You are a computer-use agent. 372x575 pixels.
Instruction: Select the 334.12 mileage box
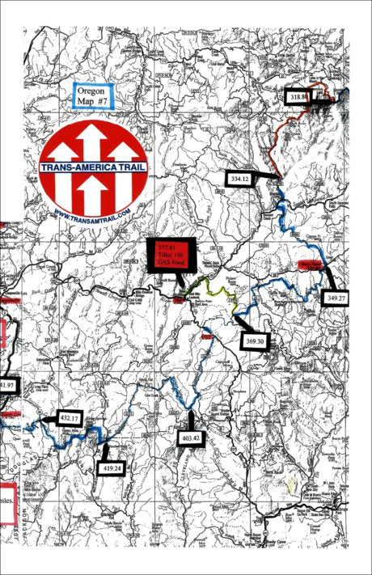pyautogui.click(x=242, y=178)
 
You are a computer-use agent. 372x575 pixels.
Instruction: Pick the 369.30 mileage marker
pyautogui.click(x=256, y=342)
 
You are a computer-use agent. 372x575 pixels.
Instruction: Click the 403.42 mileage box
pyautogui.click(x=191, y=437)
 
